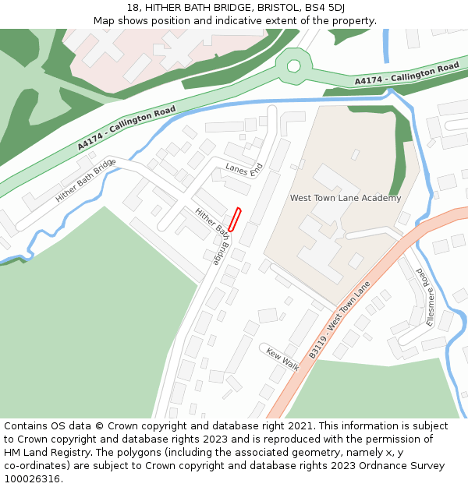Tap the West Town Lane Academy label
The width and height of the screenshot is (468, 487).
(346, 198)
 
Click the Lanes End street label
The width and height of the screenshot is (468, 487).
(244, 169)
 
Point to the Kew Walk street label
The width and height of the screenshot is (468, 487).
(282, 358)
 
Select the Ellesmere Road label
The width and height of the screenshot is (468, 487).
(425, 297)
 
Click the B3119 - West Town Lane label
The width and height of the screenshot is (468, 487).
(339, 320)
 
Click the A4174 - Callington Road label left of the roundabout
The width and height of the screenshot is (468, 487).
(126, 128)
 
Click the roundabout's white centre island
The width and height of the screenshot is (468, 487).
(293, 66)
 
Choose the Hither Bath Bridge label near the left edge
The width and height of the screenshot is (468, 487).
(85, 181)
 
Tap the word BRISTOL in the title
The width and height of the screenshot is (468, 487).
(272, 8)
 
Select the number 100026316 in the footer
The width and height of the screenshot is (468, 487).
(33, 478)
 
